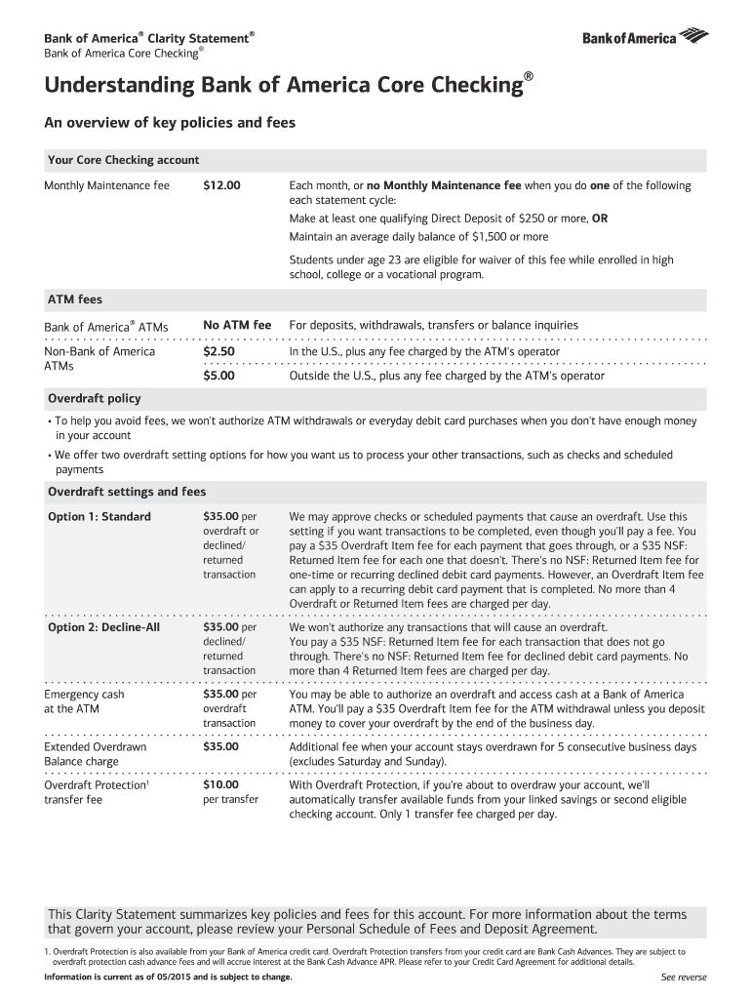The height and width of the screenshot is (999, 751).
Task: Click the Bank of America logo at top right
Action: pyautogui.click(x=645, y=38)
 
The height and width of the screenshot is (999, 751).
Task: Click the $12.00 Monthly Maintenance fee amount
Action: pyautogui.click(x=221, y=185)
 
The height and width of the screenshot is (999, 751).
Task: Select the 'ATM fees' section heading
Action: pyautogui.click(x=75, y=300)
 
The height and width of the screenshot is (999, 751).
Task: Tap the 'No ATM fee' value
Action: pyautogui.click(x=236, y=325)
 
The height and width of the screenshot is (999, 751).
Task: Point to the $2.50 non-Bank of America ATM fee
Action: pyautogui.click(x=218, y=351)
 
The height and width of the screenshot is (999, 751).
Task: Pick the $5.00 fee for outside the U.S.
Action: pyautogui.click(x=218, y=376)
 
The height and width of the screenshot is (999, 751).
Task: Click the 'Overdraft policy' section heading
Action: pyautogui.click(x=95, y=398)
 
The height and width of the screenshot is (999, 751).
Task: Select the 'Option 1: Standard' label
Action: pyautogui.click(x=99, y=516)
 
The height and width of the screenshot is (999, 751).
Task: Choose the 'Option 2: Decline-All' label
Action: pyautogui.click(x=103, y=627)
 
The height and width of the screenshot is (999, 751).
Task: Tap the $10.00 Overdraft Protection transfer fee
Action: pyautogui.click(x=220, y=783)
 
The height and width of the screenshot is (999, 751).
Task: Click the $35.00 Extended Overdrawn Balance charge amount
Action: pyautogui.click(x=220, y=746)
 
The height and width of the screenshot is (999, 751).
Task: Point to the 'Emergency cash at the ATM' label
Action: pyautogui.click(x=85, y=701)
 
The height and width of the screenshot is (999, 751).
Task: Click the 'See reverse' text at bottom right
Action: pyautogui.click(x=683, y=978)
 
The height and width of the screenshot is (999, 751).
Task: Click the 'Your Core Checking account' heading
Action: pyautogui.click(x=124, y=160)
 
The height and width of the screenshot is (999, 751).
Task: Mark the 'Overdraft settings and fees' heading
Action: pyautogui.click(x=127, y=492)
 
